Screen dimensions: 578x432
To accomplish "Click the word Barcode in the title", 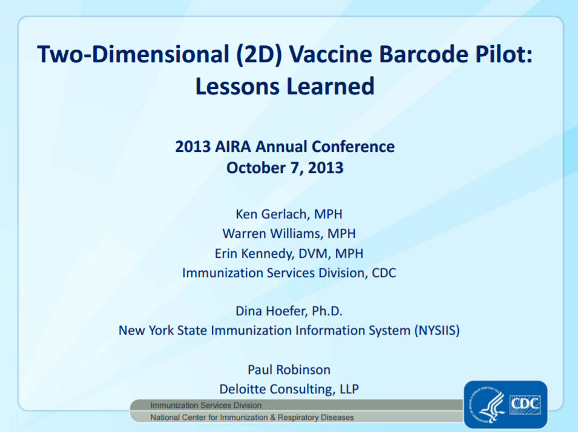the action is pyautogui.click(x=423, y=54).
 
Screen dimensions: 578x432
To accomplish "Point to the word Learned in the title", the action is pyautogui.click(x=330, y=87).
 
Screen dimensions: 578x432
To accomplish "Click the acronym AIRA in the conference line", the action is pyautogui.click(x=232, y=146).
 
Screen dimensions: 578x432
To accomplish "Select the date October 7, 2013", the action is pyautogui.click(x=285, y=168).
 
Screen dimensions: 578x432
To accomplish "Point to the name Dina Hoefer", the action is pyautogui.click(x=271, y=311).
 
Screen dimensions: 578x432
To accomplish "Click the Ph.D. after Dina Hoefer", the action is pyautogui.click(x=327, y=311).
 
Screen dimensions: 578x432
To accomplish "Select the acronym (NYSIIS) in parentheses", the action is pyautogui.click(x=437, y=330).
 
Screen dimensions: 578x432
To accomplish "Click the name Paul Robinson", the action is pyautogui.click(x=289, y=370).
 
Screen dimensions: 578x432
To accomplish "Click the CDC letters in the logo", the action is pyautogui.click(x=525, y=404).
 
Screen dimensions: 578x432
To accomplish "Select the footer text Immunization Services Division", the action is pyautogui.click(x=206, y=405).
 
